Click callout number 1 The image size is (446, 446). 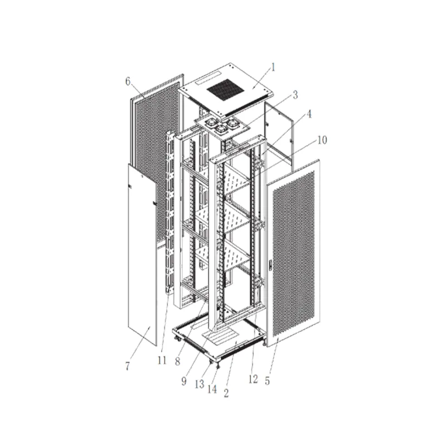point(273,67)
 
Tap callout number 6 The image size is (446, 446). point(128,81)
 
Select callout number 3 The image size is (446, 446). point(295,95)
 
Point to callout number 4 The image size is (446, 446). point(309,114)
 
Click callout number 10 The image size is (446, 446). point(322,140)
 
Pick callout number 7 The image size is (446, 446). point(128,366)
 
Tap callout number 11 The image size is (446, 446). point(162,361)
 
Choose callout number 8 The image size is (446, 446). point(177,361)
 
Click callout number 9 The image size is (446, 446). point(184,381)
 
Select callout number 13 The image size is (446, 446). point(200,384)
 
